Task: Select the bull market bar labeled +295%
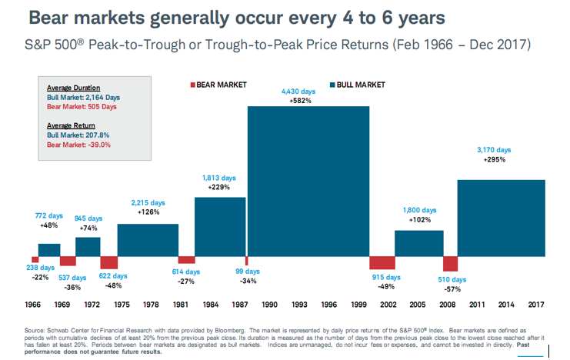pyautogui.click(x=501, y=218)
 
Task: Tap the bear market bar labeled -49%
pyautogui.click(x=382, y=263)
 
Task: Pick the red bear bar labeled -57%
pyautogui.click(x=450, y=264)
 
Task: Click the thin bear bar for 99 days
pyautogui.click(x=247, y=261)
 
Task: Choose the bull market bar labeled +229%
pyautogui.click(x=220, y=227)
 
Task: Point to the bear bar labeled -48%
pyautogui.click(x=108, y=262)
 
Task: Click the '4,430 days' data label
pyautogui.click(x=302, y=91)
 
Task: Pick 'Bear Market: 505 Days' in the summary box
pyautogui.click(x=82, y=107)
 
